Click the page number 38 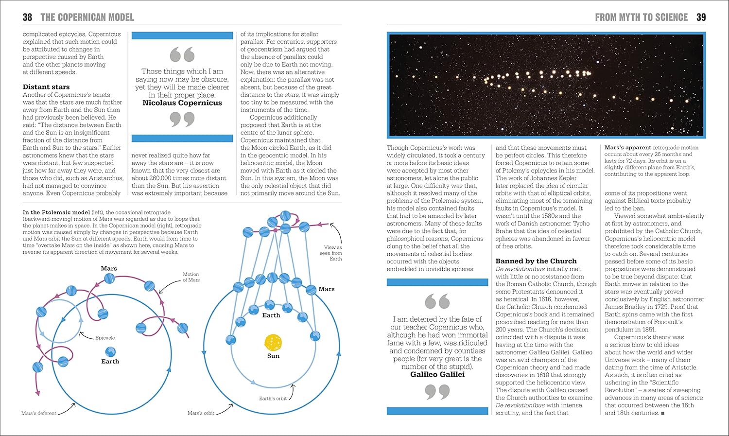(x=27, y=17)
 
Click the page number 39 (x=701, y=17)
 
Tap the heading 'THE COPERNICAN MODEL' (x=87, y=17)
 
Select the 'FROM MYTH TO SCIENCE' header (x=641, y=17)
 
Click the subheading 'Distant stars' (x=46, y=87)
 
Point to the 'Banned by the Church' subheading (x=536, y=261)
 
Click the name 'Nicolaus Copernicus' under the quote (x=182, y=103)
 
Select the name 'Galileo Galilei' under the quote (x=437, y=375)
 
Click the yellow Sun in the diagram (x=273, y=342)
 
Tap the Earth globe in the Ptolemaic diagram (x=110, y=351)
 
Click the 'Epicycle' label (x=105, y=338)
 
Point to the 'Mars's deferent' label (x=39, y=413)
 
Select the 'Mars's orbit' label (x=201, y=413)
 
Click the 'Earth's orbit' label (x=273, y=399)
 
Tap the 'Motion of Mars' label (x=191, y=277)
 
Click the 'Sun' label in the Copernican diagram (x=273, y=356)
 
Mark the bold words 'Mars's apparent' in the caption (x=627, y=148)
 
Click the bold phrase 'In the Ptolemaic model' (x=56, y=212)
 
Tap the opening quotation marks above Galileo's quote (x=437, y=301)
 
